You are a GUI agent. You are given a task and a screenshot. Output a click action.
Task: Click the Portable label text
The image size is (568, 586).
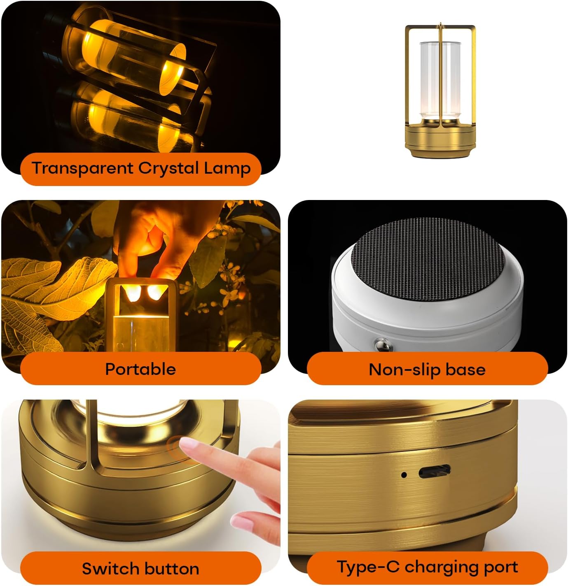click(140, 369)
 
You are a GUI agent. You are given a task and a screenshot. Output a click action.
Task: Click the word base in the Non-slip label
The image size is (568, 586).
click(465, 370)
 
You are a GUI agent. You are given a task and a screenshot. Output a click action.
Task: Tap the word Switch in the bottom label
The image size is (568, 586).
click(104, 569)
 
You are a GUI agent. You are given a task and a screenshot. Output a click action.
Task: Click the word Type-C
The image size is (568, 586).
click(368, 567)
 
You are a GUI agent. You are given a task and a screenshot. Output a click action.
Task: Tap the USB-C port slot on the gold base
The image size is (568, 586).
click(434, 472)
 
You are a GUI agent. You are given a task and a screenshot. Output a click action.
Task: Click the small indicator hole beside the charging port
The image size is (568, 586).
click(404, 474)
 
